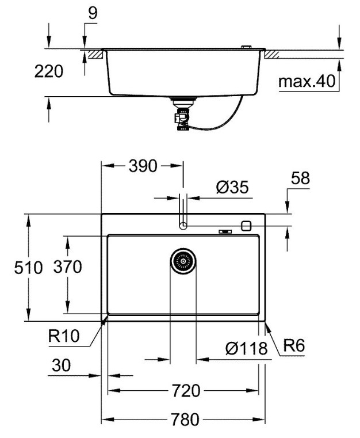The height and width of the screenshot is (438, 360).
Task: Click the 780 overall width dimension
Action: (183, 418)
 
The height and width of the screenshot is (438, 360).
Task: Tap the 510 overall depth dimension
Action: (29, 268)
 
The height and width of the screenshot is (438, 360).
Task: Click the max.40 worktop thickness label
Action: (307, 82)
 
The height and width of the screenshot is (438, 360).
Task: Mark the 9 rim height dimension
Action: (93, 13)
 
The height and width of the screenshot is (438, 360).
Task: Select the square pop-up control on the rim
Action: (247, 226)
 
